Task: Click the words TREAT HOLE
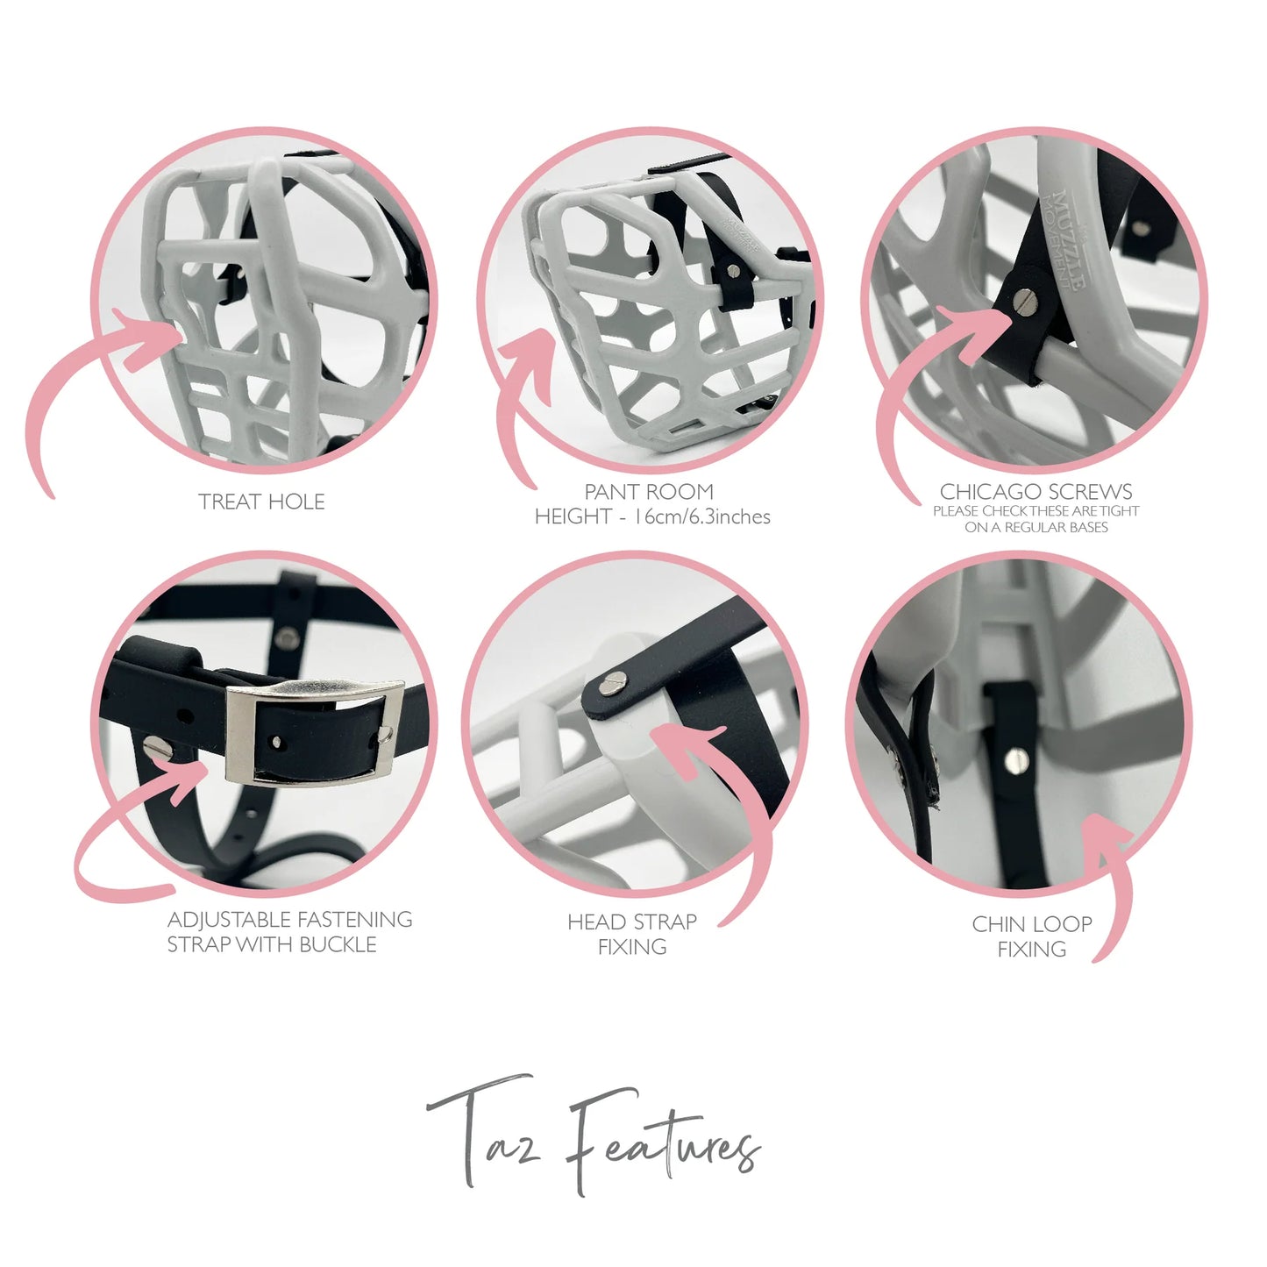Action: coord(261,502)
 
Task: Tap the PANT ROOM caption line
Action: coord(649,491)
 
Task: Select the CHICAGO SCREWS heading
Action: coord(1036,491)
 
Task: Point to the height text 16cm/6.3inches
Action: coord(702,516)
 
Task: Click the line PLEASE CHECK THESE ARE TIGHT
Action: coord(1036,511)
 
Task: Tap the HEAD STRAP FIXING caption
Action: coord(632,935)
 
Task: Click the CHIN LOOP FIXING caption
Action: coord(1032,937)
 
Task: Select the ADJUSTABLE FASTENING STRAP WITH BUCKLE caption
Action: coord(290,932)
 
